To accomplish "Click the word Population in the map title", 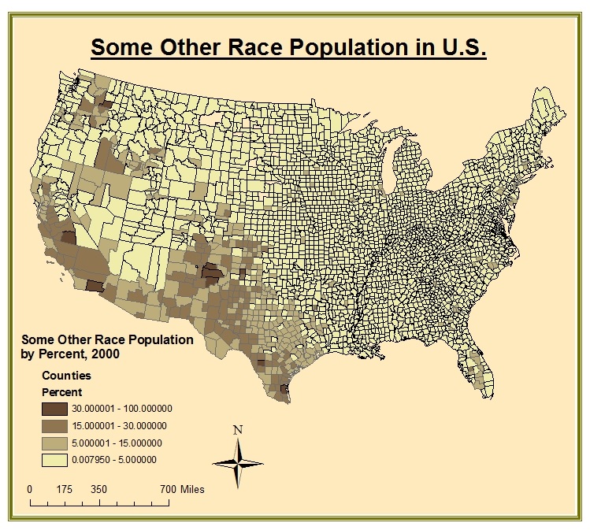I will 347,46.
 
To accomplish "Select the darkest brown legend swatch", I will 54,409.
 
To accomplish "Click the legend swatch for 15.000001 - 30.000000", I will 54,426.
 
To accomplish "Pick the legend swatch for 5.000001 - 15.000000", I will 54,443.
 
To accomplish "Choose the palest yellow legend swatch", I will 54,461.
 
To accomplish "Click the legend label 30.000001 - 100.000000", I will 121,409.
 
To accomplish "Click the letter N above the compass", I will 238,430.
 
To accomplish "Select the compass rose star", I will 238,461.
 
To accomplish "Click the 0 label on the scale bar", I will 30,489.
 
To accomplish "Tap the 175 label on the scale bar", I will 65,489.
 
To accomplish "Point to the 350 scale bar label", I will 98,489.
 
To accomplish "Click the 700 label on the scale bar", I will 167,489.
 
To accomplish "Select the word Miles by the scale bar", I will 192,489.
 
